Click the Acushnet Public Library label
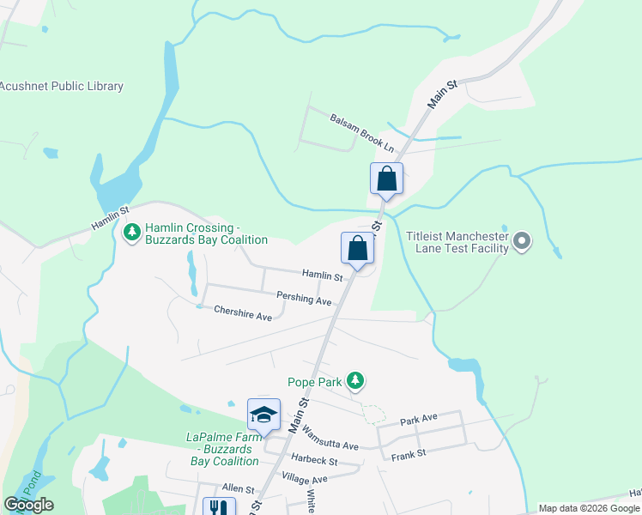click(62, 86)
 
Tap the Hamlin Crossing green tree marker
click(132, 233)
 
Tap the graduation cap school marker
click(263, 415)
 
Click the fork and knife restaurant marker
click(217, 507)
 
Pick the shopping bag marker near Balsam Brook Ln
click(386, 179)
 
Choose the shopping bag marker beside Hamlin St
click(358, 249)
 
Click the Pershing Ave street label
click(304, 299)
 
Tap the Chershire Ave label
click(243, 313)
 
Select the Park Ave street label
click(419, 418)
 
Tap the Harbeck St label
click(313, 461)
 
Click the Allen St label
click(239, 488)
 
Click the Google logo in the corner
click(28, 505)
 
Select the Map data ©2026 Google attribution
click(588, 508)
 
